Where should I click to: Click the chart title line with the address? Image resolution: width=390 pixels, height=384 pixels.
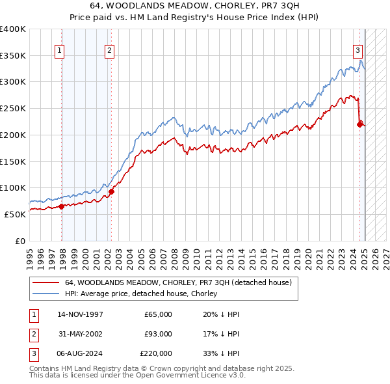[195, 5]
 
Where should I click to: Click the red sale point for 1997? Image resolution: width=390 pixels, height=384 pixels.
[62, 206]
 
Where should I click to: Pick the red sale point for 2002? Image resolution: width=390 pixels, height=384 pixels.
[111, 191]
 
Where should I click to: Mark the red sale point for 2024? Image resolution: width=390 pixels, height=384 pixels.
[359, 124]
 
